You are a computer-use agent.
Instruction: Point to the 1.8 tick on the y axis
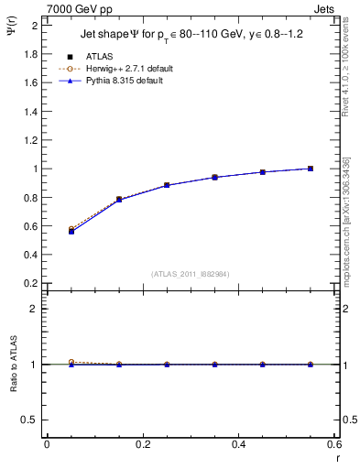click(30, 54)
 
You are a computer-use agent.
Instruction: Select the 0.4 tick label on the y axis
click(30, 255)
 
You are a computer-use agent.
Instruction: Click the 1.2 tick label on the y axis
click(30, 140)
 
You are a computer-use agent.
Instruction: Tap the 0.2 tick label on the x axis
click(143, 444)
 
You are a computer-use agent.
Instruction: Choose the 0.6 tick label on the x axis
click(335, 444)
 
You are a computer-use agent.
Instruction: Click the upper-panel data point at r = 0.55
click(311, 169)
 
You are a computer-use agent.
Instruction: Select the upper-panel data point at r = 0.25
click(167, 185)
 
